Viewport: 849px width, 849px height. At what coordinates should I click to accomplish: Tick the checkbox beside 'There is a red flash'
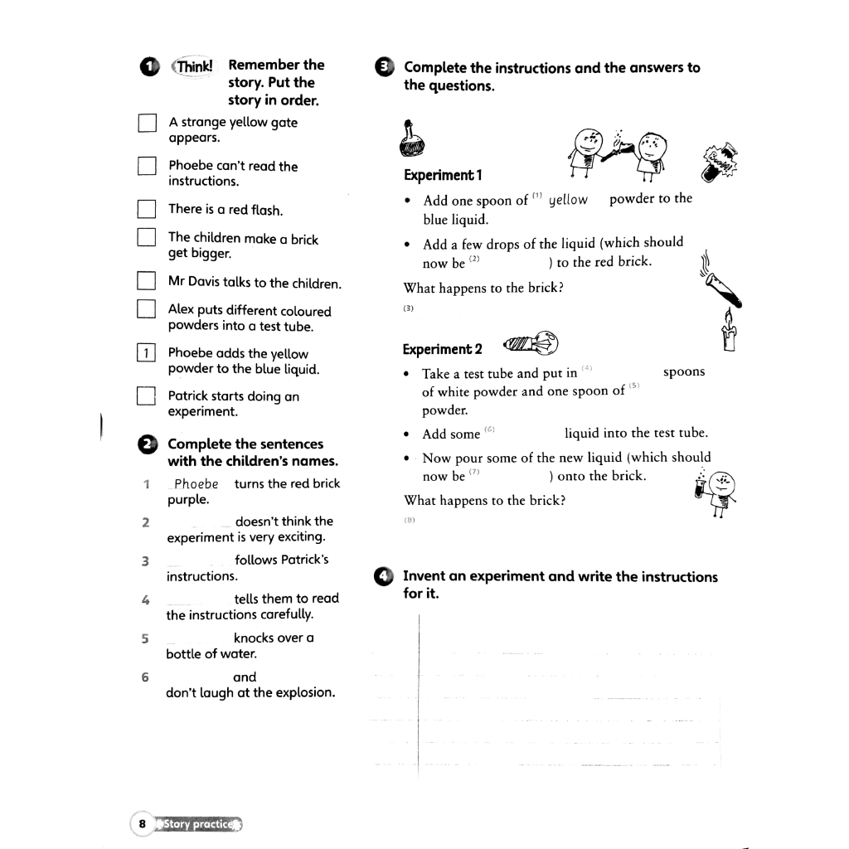point(147,209)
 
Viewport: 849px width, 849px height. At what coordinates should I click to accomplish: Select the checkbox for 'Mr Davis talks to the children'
point(147,282)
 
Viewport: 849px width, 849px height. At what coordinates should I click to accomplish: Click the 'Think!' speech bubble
point(192,65)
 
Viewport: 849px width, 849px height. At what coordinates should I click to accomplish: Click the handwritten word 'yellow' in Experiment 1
point(568,200)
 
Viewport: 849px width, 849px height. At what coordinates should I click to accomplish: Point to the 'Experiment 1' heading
point(443,175)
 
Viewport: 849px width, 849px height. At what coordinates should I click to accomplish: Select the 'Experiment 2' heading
point(443,349)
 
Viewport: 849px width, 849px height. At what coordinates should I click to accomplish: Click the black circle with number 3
point(386,68)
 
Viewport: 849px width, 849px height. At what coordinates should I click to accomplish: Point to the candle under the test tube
point(730,331)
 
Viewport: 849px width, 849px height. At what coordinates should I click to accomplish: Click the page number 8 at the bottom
point(143,823)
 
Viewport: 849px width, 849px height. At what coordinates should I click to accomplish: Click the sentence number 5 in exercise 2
point(145,638)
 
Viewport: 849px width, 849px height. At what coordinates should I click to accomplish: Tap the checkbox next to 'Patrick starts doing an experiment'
point(147,396)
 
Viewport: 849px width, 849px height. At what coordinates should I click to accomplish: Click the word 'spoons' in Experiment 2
point(684,372)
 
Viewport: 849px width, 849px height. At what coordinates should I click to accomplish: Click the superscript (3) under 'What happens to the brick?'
point(408,308)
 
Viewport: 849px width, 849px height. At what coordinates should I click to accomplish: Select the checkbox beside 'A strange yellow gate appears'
point(147,124)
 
